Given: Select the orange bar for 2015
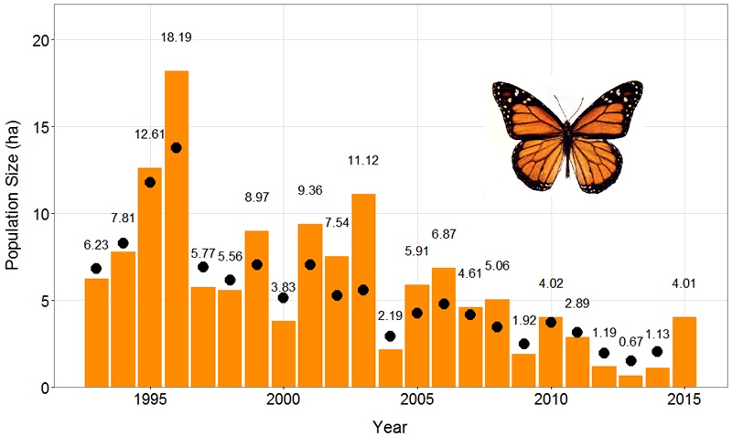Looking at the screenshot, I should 684,352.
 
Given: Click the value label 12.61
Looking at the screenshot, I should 149,134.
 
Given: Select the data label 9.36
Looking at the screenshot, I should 310,190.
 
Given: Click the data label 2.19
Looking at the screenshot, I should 391,315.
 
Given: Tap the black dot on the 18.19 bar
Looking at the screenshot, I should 177,147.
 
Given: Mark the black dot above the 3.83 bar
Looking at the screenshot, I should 284,298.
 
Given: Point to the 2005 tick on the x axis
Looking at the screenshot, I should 417,400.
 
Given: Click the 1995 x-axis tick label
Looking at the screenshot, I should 150,400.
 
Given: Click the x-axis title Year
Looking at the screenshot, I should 390,425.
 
